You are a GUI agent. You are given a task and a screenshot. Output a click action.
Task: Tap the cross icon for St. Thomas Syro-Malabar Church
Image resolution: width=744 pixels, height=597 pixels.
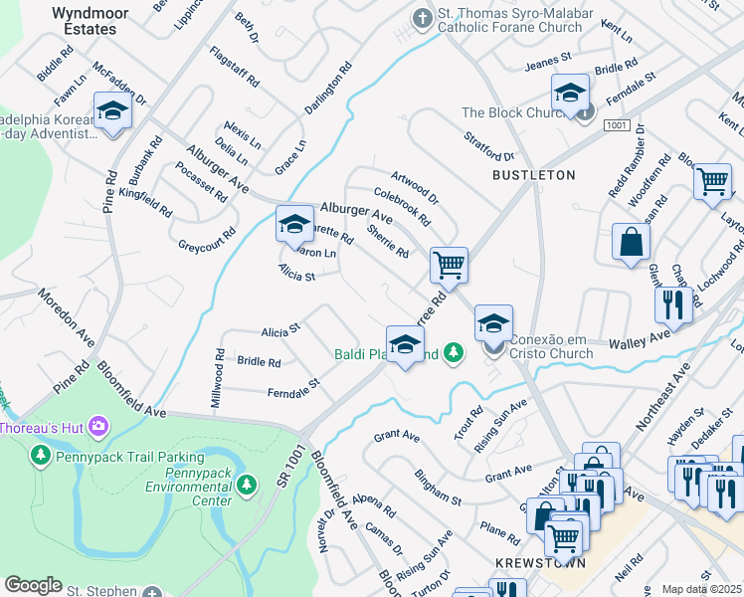pyautogui.click(x=422, y=18)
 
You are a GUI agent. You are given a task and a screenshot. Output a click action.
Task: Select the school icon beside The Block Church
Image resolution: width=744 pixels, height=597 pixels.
pyautogui.click(x=570, y=94)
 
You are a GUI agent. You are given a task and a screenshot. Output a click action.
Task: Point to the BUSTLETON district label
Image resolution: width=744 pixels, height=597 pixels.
pyautogui.click(x=533, y=175)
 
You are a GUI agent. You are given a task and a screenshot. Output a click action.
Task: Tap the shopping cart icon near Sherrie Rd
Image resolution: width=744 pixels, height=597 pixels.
pyautogui.click(x=449, y=266)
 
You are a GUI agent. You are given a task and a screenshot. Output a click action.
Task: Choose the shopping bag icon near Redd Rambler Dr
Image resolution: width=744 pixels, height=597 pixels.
pyautogui.click(x=631, y=242)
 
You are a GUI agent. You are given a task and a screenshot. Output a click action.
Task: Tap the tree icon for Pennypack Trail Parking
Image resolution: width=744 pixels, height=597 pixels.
pyautogui.click(x=40, y=456)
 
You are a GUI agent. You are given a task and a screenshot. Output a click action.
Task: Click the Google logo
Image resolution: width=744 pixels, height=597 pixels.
pyautogui.click(x=33, y=584)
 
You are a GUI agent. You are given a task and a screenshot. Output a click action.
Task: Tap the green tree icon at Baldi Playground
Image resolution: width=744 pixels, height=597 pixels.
pyautogui.click(x=453, y=352)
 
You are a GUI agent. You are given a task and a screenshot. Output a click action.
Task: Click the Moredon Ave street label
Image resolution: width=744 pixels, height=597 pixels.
pyautogui.click(x=66, y=318)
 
